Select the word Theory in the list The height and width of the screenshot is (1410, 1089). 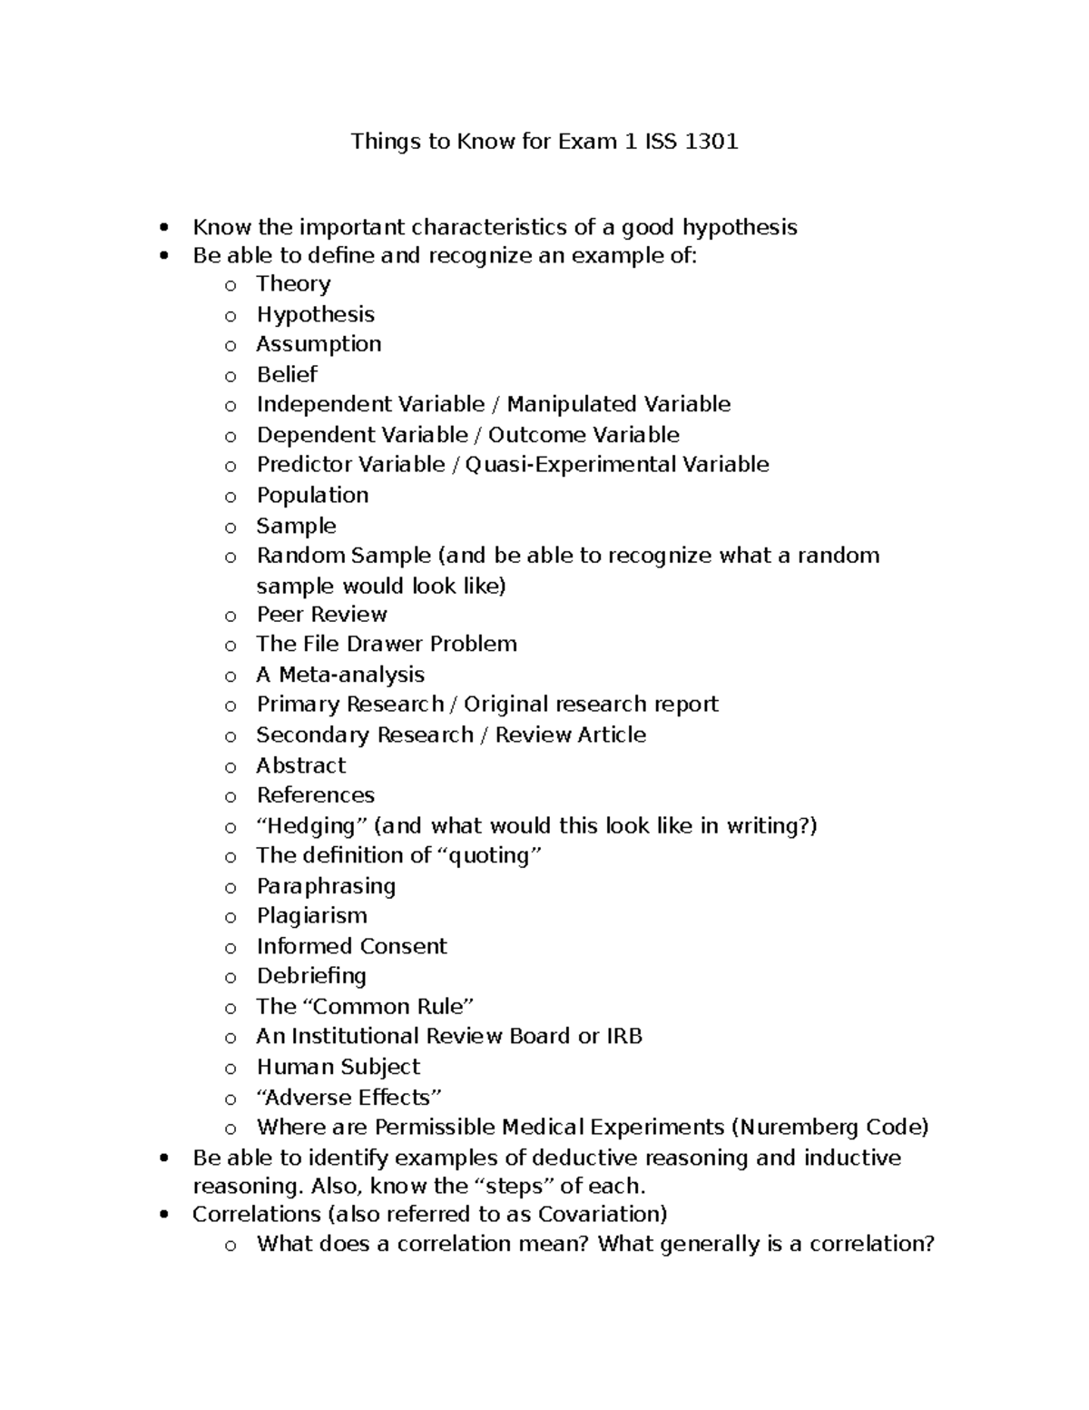(x=293, y=284)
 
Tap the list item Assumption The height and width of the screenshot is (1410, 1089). (x=319, y=344)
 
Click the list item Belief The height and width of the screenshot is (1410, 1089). (x=287, y=374)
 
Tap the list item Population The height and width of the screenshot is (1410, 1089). (x=312, y=496)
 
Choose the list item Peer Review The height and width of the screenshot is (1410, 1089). (x=321, y=615)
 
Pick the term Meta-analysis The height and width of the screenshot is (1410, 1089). (x=351, y=675)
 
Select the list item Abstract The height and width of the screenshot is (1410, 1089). (x=300, y=765)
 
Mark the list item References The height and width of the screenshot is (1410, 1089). (x=315, y=795)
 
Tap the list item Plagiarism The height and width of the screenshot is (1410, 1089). (x=311, y=916)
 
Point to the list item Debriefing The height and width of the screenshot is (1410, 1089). (x=311, y=977)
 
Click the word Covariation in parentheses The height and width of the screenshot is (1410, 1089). (x=598, y=1215)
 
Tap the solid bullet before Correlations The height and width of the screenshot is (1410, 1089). (x=163, y=1215)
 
